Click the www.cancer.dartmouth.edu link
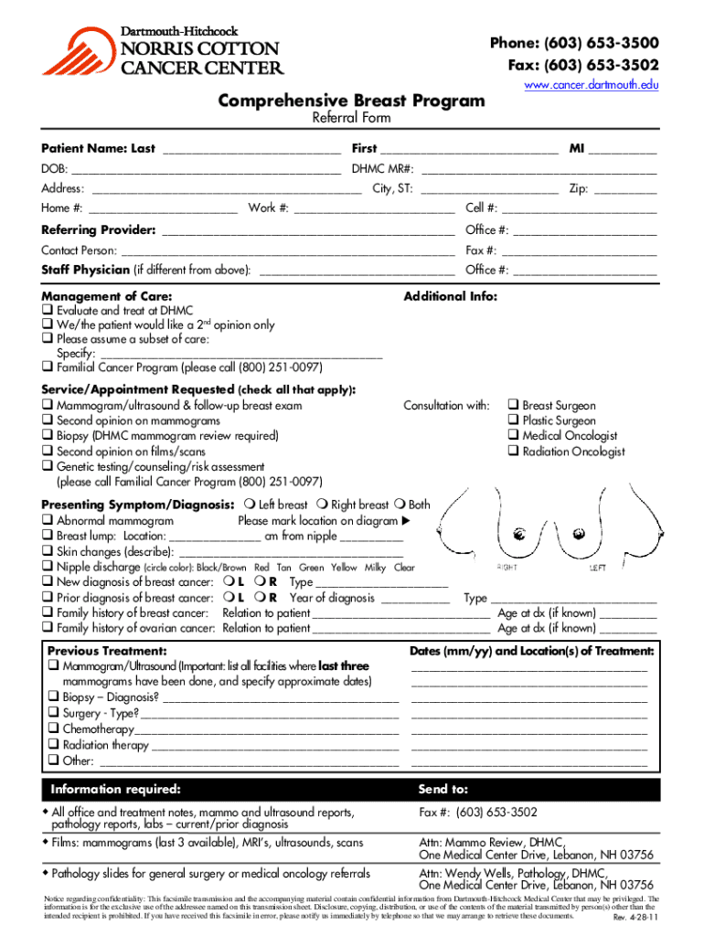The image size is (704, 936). click(x=591, y=85)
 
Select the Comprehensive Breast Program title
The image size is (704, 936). click(x=351, y=101)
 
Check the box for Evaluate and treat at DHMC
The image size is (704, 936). click(x=47, y=311)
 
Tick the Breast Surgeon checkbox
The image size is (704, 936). click(x=513, y=405)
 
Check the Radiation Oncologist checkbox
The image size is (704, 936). click(x=513, y=452)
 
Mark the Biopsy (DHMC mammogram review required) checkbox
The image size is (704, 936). click(x=47, y=436)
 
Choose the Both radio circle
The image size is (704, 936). click(x=400, y=505)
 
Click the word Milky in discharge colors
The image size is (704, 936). click(x=375, y=568)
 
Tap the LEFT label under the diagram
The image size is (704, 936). click(x=597, y=568)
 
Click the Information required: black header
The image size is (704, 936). click(x=116, y=789)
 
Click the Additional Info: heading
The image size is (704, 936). click(x=451, y=296)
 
